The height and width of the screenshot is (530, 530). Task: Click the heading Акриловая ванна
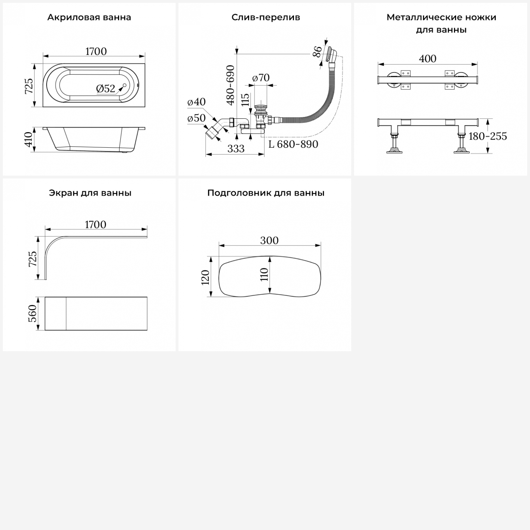tap(89, 17)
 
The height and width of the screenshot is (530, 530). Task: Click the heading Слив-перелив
tap(266, 17)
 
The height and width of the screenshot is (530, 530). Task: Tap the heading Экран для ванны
tap(90, 193)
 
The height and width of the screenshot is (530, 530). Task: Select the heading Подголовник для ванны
tap(266, 193)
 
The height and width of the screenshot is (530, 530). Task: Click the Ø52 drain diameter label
tap(106, 89)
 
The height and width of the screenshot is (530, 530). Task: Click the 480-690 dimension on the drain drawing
tap(230, 85)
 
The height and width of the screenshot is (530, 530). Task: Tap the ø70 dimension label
tap(261, 77)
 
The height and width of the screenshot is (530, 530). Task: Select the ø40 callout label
tap(196, 102)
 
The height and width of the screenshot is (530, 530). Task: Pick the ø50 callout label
tap(196, 118)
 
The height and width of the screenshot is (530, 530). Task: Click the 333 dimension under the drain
tap(236, 149)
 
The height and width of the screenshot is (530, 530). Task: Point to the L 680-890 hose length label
tap(293, 144)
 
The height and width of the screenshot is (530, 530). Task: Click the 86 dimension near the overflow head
tap(318, 52)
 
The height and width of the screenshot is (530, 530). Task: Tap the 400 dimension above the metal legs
tap(428, 59)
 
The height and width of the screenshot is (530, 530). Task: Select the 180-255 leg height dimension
tap(488, 136)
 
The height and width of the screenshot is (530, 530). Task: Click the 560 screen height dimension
tap(32, 313)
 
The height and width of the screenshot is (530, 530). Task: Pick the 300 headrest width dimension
tap(269, 240)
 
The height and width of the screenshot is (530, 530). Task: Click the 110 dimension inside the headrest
tap(264, 274)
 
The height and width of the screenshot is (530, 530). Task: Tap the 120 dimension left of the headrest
tap(205, 277)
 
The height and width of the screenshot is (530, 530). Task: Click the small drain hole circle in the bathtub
tap(124, 86)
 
